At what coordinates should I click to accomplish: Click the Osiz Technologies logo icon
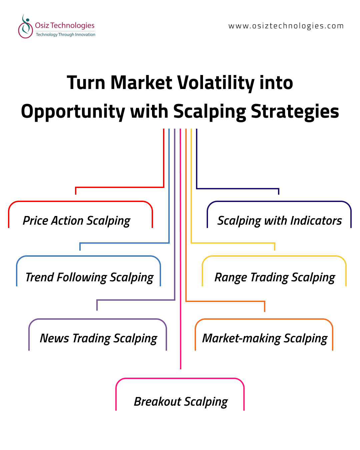[25, 26]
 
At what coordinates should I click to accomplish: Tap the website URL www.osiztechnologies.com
[286, 26]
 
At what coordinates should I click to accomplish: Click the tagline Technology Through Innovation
[65, 35]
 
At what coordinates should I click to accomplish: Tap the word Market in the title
[141, 83]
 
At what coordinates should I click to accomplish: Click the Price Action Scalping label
[77, 221]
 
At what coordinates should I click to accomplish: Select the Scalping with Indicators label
[280, 221]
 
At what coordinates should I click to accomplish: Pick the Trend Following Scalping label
[90, 278]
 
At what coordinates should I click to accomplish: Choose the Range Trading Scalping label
[275, 278]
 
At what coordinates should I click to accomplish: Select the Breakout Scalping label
[181, 402]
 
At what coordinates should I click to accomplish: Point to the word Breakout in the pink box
[158, 401]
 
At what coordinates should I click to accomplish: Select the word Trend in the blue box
[40, 277]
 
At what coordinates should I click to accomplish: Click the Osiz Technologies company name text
[65, 26]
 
